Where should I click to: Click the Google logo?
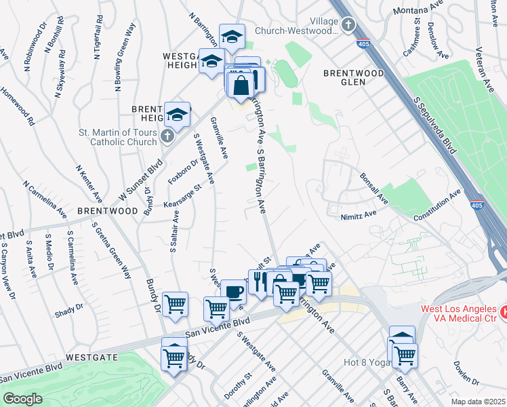pos(22,399)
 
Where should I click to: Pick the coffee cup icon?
pos(234,292)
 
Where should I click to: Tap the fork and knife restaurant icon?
pos(258,281)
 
